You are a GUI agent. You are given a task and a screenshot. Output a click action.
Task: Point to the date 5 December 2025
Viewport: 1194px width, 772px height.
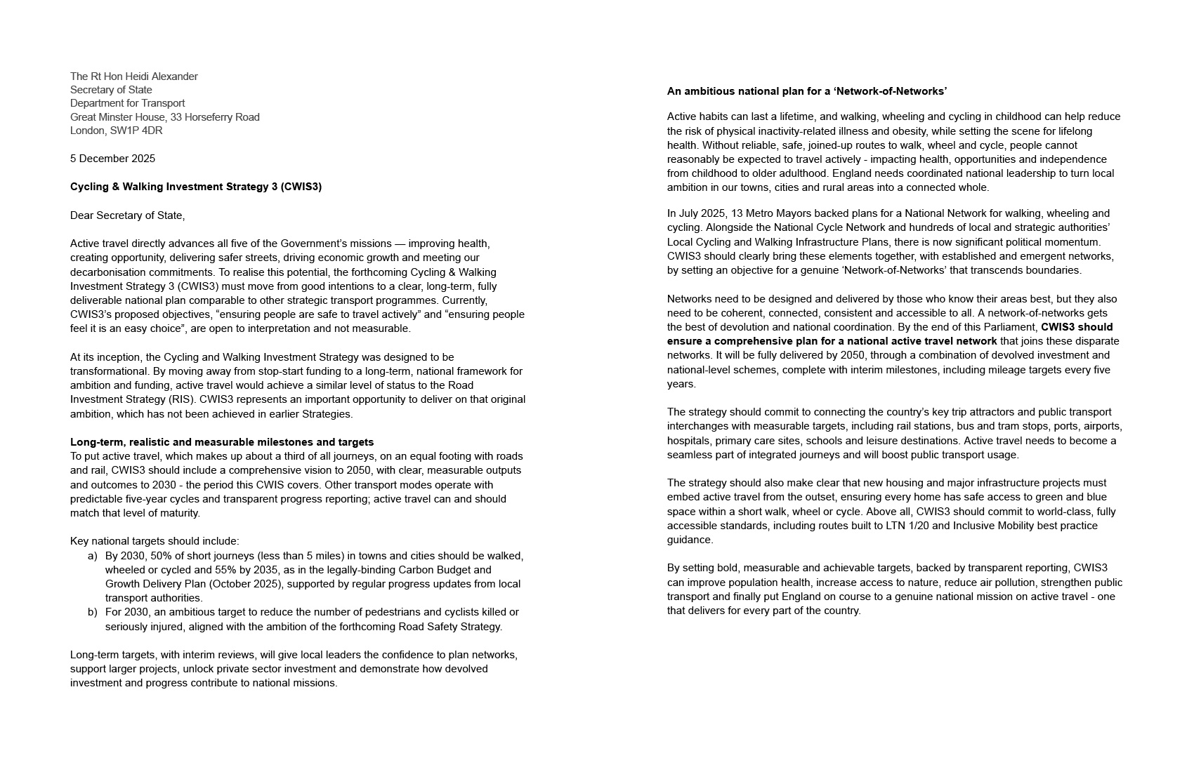(112, 159)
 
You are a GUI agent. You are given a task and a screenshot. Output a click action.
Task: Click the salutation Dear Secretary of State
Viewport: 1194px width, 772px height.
(127, 215)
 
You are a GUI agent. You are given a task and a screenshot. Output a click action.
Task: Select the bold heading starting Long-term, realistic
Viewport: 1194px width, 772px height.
(222, 442)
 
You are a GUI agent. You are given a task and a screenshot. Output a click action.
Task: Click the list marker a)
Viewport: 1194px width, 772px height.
(92, 556)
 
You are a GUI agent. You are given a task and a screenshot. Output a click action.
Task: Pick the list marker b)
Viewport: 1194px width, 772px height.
(92, 612)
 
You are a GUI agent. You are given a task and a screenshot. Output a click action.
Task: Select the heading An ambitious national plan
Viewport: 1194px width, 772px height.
(807, 91)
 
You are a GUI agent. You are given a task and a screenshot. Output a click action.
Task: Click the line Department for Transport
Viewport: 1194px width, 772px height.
(127, 103)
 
